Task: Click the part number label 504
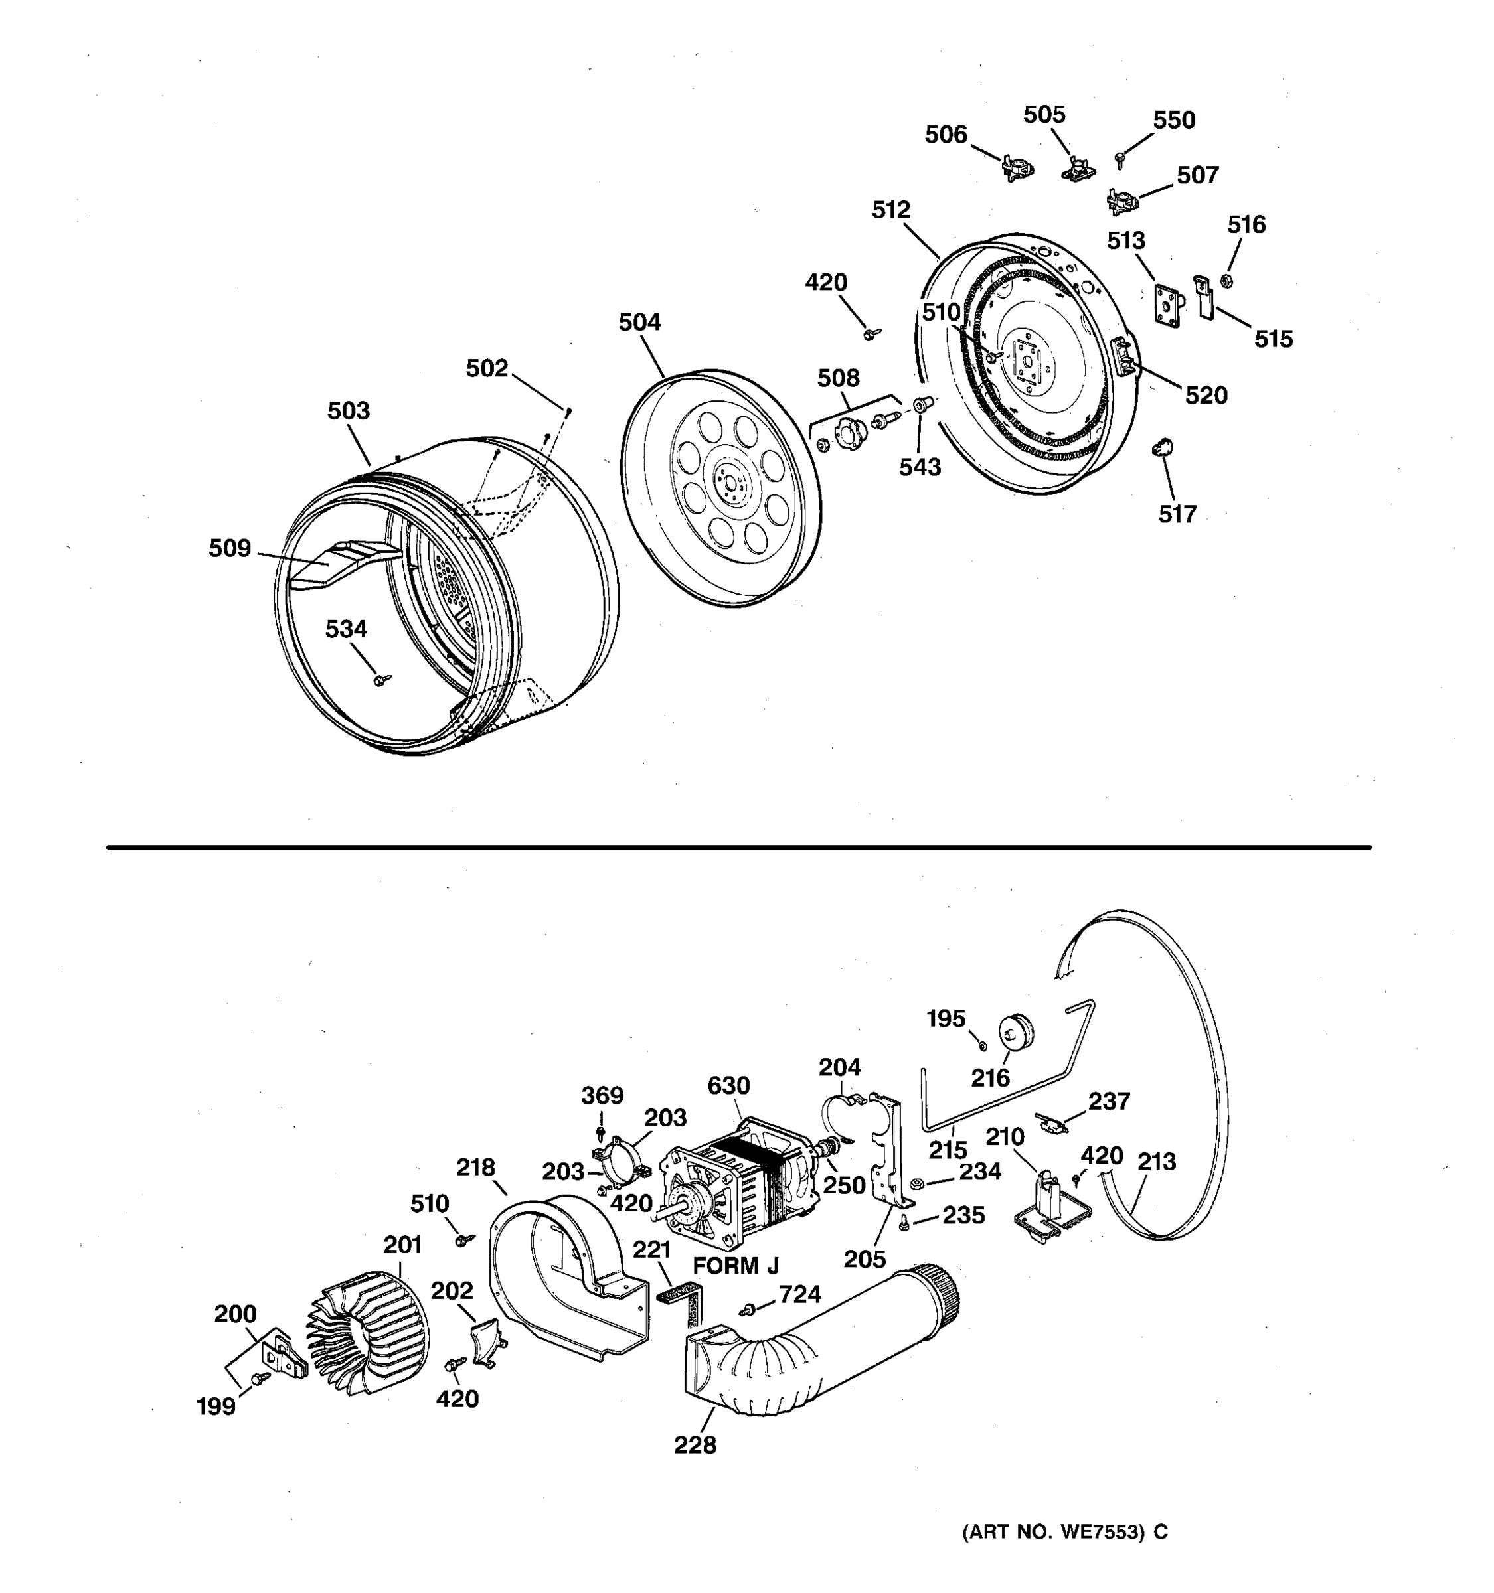pyautogui.click(x=639, y=322)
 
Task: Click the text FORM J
pyautogui.click(x=735, y=1266)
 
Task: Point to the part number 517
pyautogui.click(x=1177, y=514)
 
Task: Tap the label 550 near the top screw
pyautogui.click(x=1173, y=120)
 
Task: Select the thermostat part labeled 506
pyautogui.click(x=1017, y=169)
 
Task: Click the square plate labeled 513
pyautogui.click(x=1169, y=303)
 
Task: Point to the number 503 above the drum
pyautogui.click(x=349, y=410)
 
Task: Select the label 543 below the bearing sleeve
pyautogui.click(x=920, y=467)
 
